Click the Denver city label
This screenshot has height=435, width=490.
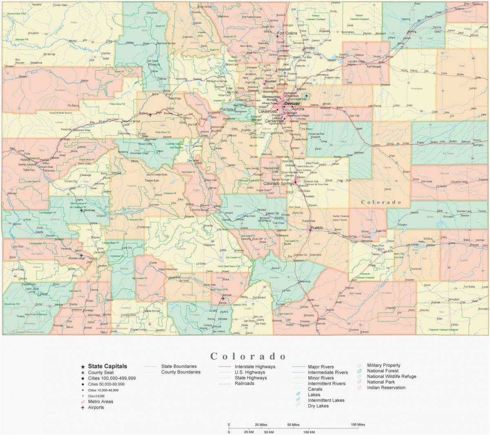point(292,104)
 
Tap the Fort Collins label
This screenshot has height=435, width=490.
point(287,33)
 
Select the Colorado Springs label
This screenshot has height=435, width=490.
point(279,183)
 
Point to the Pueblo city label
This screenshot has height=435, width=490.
point(316,228)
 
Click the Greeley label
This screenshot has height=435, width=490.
point(309,48)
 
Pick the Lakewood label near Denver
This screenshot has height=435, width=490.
point(267,111)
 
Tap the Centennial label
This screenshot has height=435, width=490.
point(274,121)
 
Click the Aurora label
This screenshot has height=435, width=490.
point(298,109)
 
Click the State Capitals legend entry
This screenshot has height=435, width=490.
point(107,366)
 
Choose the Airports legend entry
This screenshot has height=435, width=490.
point(96,407)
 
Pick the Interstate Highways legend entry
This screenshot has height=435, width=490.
point(255,366)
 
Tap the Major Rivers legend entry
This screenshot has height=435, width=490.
point(321,367)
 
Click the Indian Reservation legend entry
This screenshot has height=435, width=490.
point(386,388)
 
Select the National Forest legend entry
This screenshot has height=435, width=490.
point(383,371)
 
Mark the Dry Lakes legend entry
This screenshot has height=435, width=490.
point(318,406)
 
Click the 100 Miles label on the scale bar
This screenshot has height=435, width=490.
point(358,425)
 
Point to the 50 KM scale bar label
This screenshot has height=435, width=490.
point(269,432)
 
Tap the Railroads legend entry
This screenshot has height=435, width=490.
point(244,384)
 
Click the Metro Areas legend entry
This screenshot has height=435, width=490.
point(100,402)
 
